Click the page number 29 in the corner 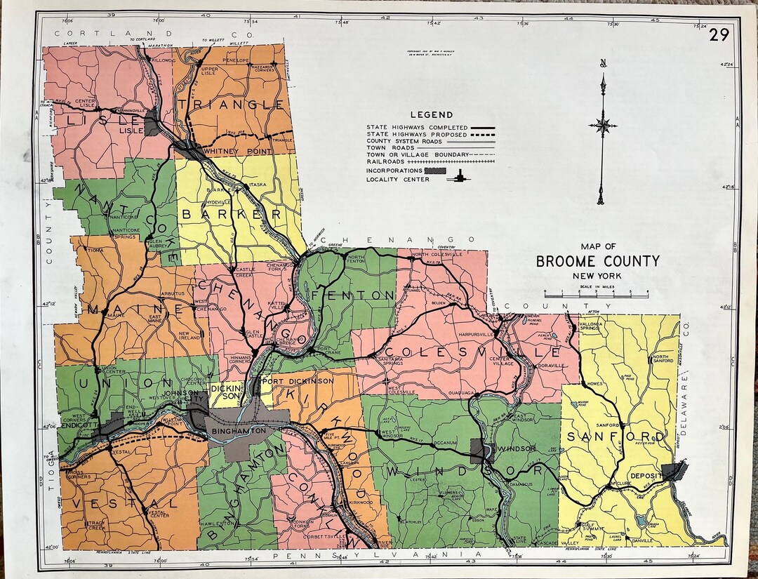point(719,34)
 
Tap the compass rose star point(602,126)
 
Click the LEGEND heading point(432,114)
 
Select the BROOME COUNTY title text point(598,262)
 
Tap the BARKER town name point(232,213)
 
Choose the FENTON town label point(358,295)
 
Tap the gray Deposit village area point(676,472)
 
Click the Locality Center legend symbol point(460,178)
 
